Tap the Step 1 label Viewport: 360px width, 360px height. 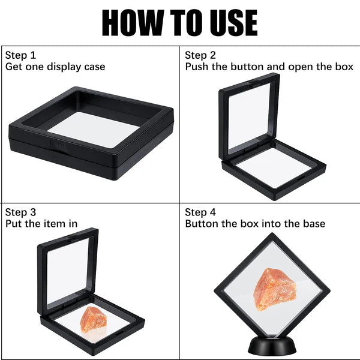pos(21,54)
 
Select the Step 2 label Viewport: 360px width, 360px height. pos(200,54)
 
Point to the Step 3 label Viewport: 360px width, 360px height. pos(21,212)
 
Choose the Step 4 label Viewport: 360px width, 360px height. pos(200,212)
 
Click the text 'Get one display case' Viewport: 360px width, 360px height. pos(55,67)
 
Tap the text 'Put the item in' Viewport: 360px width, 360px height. pos(41,224)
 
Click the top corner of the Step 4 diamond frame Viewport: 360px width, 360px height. pos(272,235)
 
